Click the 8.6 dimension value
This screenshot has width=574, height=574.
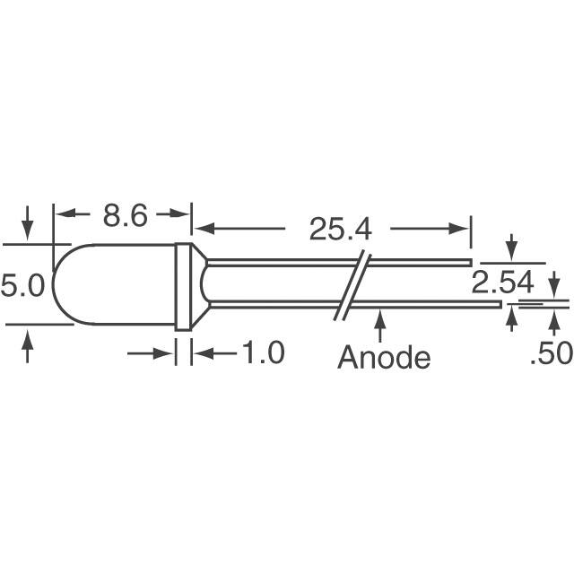pyautogui.click(x=126, y=215)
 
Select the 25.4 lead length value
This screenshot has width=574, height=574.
pyautogui.click(x=341, y=230)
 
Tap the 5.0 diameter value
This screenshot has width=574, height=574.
pyautogui.click(x=22, y=285)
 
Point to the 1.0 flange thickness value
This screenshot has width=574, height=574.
pyautogui.click(x=263, y=352)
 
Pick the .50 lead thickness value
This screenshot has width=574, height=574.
pyautogui.click(x=552, y=352)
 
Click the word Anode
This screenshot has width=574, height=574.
pyautogui.click(x=384, y=357)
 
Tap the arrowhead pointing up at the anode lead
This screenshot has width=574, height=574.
pyautogui.click(x=380, y=317)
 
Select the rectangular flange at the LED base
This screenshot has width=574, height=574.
pyautogui.click(x=183, y=287)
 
